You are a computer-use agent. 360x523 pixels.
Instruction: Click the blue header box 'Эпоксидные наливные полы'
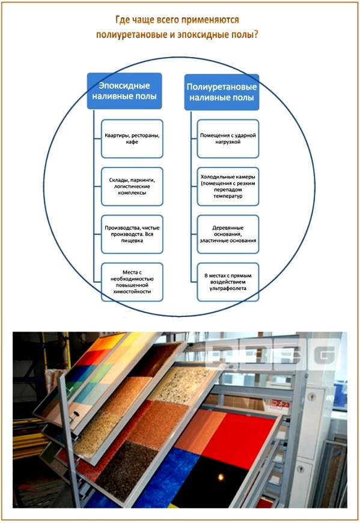point(125,91)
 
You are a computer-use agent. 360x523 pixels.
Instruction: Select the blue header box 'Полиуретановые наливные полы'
point(221,91)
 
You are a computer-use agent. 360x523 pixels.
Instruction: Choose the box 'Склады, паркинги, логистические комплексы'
point(132,186)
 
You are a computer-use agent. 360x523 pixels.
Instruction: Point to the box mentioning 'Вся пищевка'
point(132,233)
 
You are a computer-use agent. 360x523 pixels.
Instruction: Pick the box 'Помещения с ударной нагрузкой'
point(228,139)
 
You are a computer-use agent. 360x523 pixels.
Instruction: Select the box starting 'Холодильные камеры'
point(228,186)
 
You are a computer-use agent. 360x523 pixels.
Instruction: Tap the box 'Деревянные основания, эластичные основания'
point(228,234)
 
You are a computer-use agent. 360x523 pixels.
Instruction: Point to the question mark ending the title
point(257,34)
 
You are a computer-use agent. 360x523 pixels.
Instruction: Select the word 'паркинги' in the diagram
point(147,179)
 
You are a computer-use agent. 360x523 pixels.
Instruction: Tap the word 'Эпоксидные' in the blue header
point(125,85)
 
